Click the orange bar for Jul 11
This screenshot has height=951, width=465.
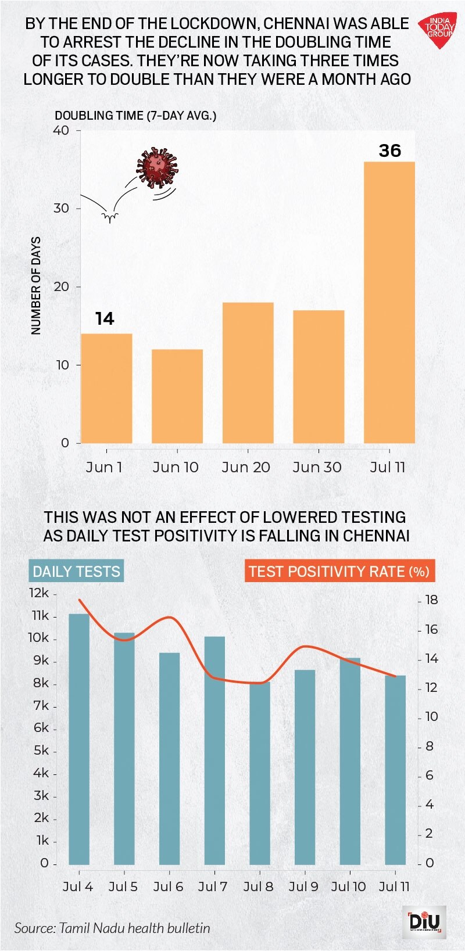(389, 302)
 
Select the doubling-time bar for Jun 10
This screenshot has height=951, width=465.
(177, 396)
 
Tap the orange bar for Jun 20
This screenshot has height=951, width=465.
(248, 373)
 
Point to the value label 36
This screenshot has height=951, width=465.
(390, 150)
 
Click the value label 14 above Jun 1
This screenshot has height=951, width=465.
(105, 318)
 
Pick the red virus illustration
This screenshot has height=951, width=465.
(157, 168)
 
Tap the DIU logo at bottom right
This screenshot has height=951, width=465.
(425, 922)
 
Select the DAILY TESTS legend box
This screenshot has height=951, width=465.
(76, 572)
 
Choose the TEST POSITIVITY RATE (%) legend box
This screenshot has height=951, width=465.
(339, 572)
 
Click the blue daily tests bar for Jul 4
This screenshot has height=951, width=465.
(79, 739)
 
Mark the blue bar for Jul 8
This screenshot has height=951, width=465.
(260, 773)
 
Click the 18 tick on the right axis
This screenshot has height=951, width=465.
(431, 600)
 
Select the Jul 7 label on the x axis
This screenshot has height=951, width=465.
(213, 887)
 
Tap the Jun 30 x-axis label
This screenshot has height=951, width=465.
(317, 467)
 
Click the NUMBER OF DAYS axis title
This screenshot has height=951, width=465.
(36, 286)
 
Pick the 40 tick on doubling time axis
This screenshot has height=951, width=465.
(61, 130)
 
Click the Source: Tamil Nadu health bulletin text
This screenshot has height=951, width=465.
(112, 928)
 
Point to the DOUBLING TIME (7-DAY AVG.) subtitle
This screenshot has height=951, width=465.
(135, 115)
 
